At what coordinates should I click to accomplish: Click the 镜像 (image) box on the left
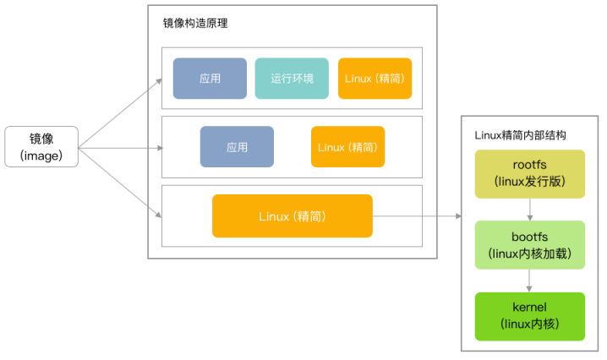[41, 147]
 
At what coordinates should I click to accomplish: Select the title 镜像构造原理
[194, 24]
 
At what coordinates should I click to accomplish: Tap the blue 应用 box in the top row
[210, 79]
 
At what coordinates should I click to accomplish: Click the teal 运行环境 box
[292, 79]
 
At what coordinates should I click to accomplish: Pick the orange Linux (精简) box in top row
[375, 79]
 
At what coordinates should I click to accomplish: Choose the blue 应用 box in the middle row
[237, 147]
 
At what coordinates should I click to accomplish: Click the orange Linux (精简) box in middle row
[347, 147]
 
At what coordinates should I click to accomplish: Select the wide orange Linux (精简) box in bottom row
[292, 216]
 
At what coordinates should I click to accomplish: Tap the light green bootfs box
[530, 245]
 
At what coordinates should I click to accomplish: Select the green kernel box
[530, 315]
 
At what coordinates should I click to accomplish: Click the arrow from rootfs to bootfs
[530, 210]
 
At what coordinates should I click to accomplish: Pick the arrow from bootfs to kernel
[530, 280]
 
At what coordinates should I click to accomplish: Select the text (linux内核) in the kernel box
[530, 325]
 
